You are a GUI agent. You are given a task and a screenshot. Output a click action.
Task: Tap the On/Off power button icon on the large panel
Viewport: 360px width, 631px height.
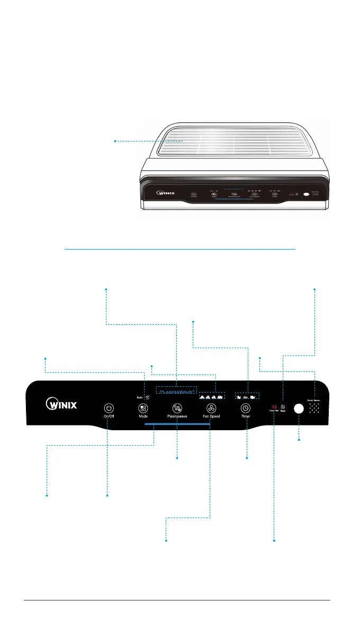pyautogui.click(x=109, y=408)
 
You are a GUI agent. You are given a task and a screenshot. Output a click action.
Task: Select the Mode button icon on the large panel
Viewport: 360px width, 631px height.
pyautogui.click(x=143, y=408)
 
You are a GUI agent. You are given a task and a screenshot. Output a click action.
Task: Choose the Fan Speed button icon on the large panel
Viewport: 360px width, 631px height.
pyautogui.click(x=211, y=408)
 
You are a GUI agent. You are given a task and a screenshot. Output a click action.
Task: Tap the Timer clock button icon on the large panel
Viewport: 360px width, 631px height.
pyautogui.click(x=246, y=408)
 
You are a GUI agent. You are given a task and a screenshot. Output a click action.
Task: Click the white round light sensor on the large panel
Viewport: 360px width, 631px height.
pyautogui.click(x=299, y=408)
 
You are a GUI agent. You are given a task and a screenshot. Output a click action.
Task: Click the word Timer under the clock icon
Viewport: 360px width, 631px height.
pyautogui.click(x=246, y=416)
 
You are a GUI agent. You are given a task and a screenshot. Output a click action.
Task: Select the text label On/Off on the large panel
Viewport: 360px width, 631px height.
pyautogui.click(x=109, y=416)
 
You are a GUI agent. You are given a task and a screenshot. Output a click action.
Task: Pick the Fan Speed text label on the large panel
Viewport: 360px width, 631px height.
pyautogui.click(x=211, y=416)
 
